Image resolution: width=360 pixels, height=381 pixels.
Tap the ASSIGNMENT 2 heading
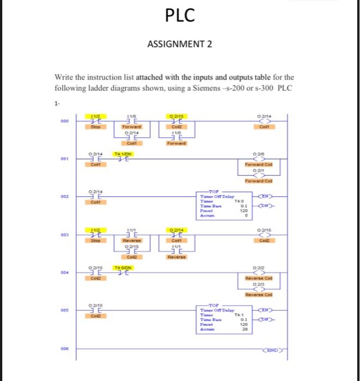(x=180, y=44)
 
